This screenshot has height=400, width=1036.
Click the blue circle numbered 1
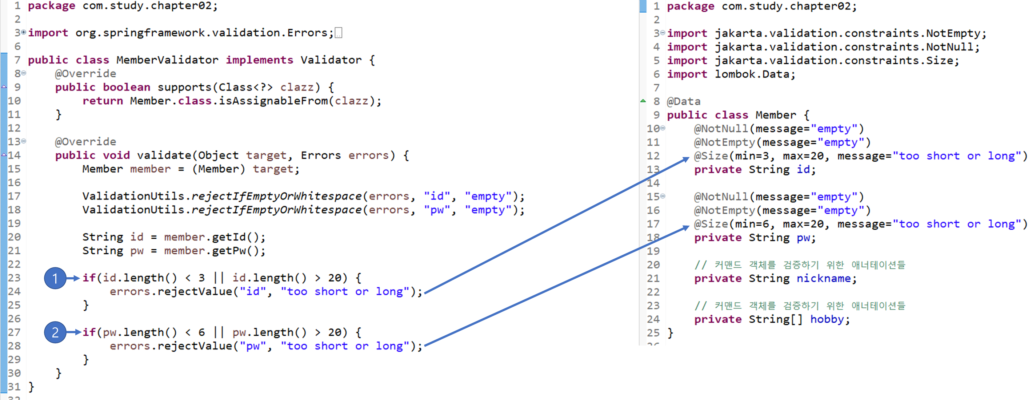(x=55, y=278)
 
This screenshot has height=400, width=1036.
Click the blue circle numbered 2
(x=55, y=332)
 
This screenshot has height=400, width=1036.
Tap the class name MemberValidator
(x=167, y=60)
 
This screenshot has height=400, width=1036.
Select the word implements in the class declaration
(x=259, y=60)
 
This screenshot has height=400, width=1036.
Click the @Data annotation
(x=683, y=101)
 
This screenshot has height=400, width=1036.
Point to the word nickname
(x=824, y=278)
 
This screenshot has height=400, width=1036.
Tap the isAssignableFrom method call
(x=273, y=101)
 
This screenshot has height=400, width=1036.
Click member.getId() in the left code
(x=214, y=237)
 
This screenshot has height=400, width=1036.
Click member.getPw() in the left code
(x=214, y=251)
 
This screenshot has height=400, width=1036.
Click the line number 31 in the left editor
(x=14, y=387)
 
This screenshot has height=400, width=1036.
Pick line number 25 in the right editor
(x=653, y=333)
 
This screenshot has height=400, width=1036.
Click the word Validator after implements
(x=331, y=60)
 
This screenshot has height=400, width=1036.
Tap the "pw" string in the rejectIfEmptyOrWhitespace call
(x=437, y=210)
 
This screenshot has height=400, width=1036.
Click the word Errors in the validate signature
(x=320, y=155)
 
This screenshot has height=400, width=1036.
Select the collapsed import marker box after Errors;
(x=339, y=33)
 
